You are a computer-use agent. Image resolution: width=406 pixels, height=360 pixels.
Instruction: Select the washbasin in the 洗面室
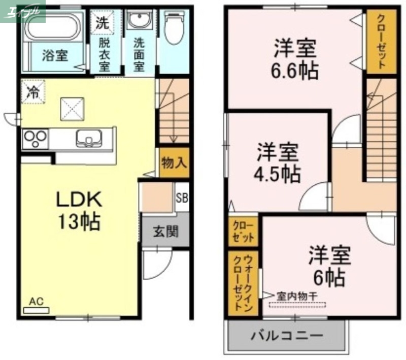(138, 21)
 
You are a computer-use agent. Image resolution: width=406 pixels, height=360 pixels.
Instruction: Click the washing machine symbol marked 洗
(103, 21)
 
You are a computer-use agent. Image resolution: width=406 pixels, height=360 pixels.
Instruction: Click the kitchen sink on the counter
(89, 138)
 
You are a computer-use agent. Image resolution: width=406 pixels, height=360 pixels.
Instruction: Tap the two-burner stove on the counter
(35, 138)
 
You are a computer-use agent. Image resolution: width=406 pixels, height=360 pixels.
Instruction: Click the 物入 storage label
(174, 163)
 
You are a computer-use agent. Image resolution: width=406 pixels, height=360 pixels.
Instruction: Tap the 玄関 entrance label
(165, 232)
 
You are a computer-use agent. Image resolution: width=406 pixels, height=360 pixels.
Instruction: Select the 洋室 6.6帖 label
(296, 59)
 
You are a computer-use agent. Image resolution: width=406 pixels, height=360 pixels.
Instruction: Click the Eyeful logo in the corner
(23, 11)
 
